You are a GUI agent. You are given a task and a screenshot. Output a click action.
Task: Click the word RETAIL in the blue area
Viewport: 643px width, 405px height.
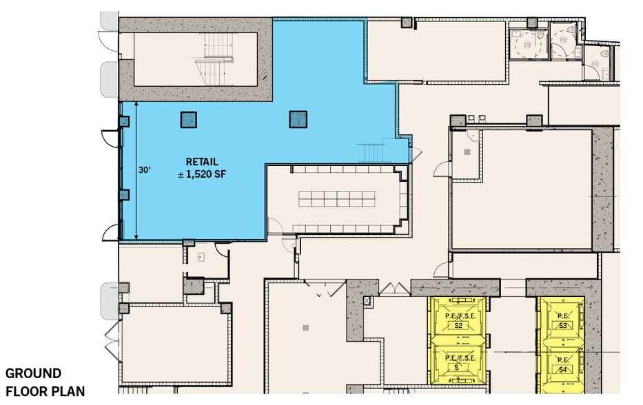coord(196,161)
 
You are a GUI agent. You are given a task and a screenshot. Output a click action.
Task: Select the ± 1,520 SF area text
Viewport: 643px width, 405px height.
coord(201,174)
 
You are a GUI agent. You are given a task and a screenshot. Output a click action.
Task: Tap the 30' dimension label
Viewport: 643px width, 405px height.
coord(145,169)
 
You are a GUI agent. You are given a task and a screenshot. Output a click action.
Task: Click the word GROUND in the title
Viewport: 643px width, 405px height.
coord(33,373)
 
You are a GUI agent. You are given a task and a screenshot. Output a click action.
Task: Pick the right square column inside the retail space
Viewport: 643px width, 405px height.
coord(298,119)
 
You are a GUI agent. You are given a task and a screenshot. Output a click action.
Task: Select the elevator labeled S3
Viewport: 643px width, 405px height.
coord(562,321)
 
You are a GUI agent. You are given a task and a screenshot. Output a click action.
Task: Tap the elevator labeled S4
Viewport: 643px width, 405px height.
coord(562,365)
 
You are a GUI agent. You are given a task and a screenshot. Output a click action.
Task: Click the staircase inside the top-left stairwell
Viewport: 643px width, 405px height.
coord(207,59)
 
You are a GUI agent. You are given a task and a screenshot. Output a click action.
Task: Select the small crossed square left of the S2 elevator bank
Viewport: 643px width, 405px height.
coord(367,301)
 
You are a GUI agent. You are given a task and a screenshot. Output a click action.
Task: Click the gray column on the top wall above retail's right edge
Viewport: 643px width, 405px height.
coord(407,21)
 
